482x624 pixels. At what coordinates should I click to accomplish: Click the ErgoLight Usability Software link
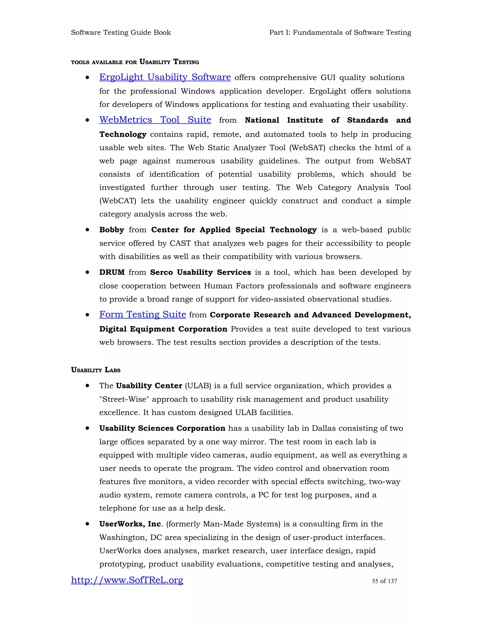pos(165,77)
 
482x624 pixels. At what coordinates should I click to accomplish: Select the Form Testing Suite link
pos(142,314)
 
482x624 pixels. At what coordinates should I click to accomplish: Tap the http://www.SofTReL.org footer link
pos(127,580)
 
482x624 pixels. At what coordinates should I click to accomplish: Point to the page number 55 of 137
pos(384,581)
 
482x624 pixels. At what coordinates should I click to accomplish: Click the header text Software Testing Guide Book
pos(121,32)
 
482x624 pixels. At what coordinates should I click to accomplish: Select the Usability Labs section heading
pos(96,370)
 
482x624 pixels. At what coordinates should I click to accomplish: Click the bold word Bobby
pos(112,230)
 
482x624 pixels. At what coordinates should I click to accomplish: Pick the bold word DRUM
pos(112,272)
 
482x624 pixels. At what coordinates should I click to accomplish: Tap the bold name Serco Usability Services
pos(201,272)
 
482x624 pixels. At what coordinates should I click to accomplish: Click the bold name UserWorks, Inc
pos(130,524)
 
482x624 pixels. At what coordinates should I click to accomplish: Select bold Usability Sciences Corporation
pos(162,428)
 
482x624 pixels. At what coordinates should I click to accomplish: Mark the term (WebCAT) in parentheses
pos(118,201)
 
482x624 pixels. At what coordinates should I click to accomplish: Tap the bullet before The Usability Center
pos(87,386)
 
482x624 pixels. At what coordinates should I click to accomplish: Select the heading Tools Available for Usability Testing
pos(135,62)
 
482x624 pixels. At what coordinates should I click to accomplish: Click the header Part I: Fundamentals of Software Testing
pos(340,32)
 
